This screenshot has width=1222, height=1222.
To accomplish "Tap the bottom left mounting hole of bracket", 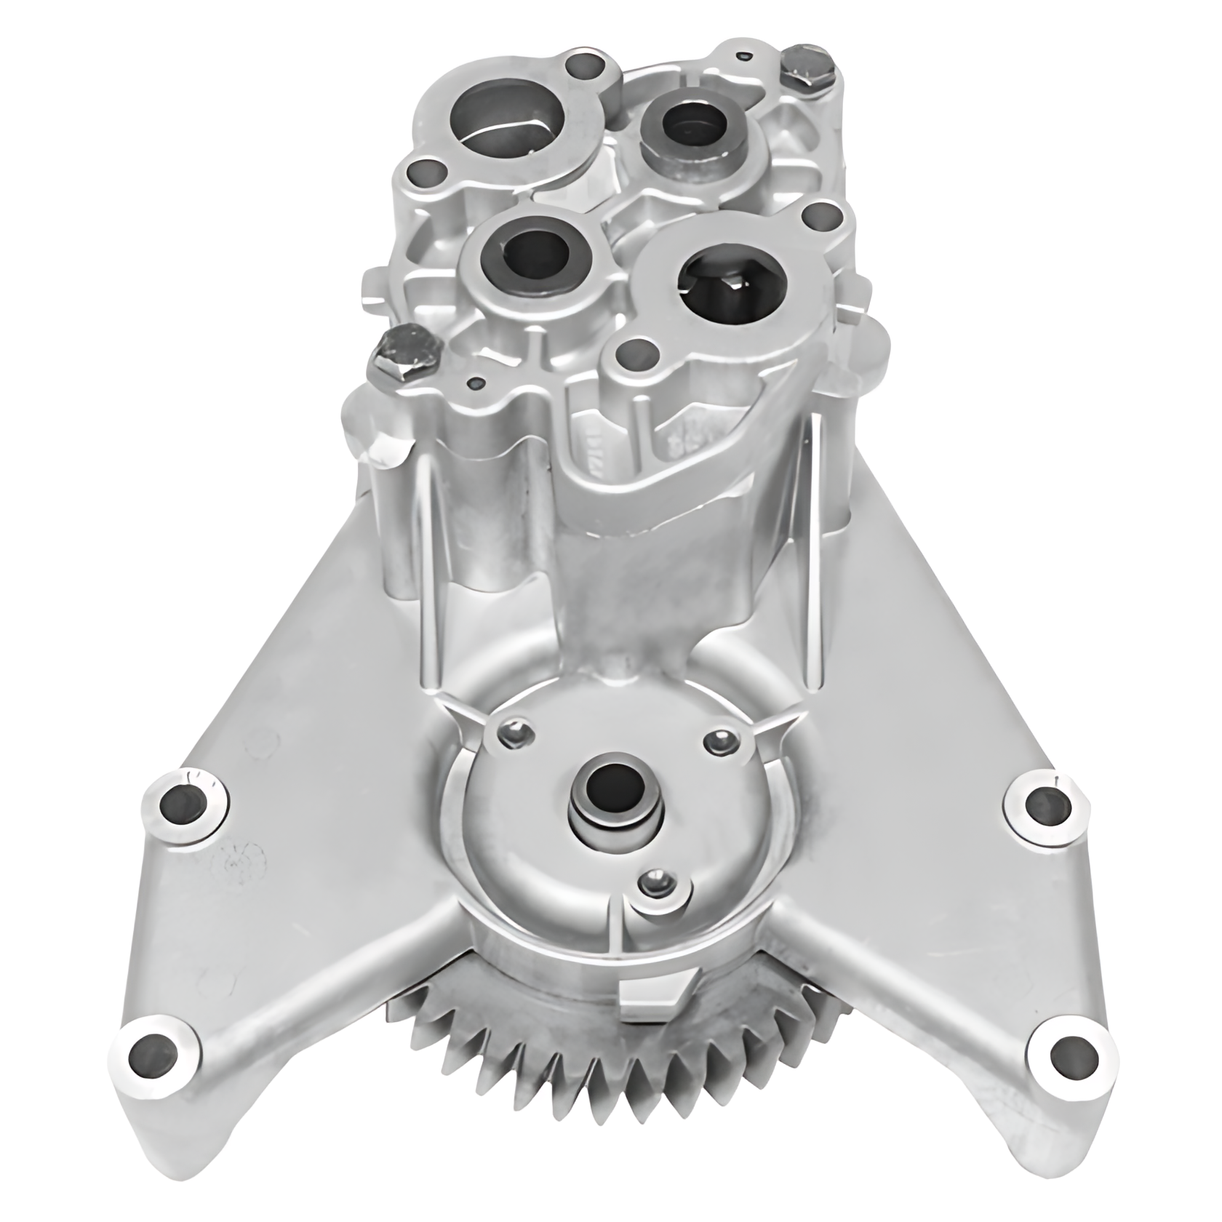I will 149,1053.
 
